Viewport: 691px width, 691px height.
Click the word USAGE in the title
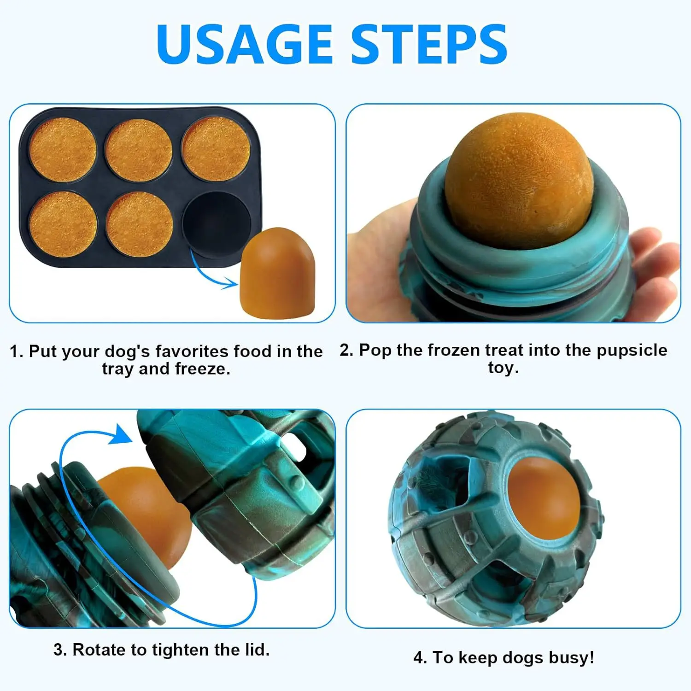245,44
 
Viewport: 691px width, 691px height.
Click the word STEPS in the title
429,44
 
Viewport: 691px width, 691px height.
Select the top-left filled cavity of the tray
63,150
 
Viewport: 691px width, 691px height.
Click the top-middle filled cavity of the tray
139,150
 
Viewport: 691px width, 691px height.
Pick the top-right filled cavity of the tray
216,148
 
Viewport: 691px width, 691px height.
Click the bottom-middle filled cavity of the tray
140,224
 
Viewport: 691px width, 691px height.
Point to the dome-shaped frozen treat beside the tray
278,272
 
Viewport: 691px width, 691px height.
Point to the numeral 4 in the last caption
418,657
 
